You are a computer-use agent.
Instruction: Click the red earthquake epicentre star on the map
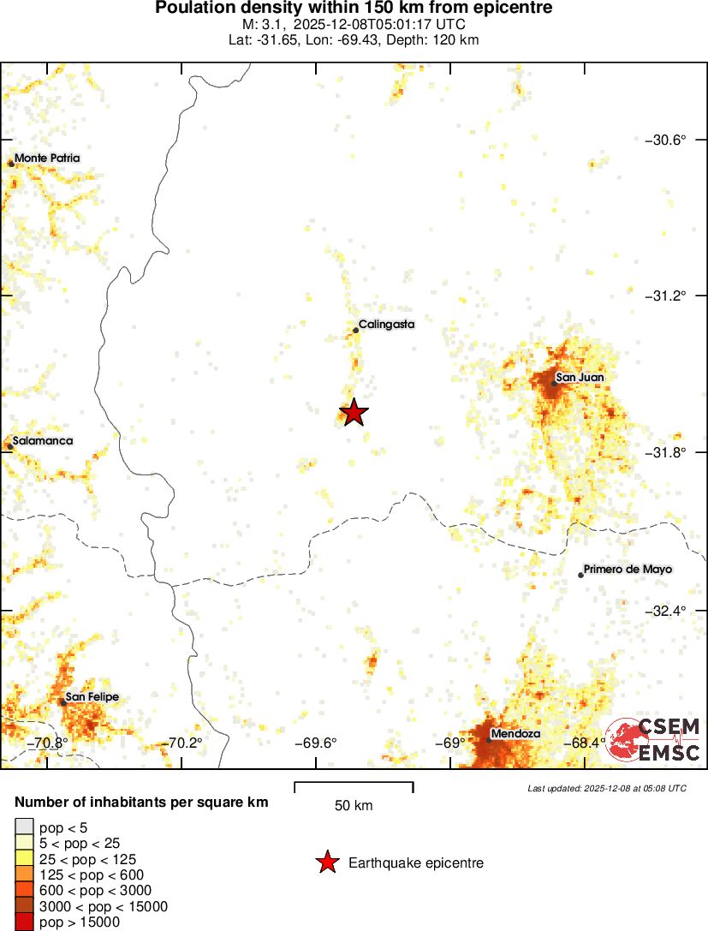pos(354,413)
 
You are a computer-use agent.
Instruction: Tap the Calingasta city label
pos(386,324)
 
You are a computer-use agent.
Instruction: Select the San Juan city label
pos(580,377)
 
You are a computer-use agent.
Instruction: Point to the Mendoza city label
pos(515,734)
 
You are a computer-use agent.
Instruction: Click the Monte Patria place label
pos(47,158)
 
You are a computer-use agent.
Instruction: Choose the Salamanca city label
pos(43,441)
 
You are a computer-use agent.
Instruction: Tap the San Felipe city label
pos(92,697)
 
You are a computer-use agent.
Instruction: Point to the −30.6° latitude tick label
pos(665,140)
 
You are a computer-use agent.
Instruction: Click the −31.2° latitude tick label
pos(665,295)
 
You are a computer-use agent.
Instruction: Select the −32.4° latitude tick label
pos(665,611)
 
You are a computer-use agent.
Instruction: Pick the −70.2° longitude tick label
pos(185,743)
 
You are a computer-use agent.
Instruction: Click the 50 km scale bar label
pos(354,805)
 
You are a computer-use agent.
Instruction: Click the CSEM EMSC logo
pos(654,740)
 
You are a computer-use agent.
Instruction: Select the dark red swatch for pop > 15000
pos(25,922)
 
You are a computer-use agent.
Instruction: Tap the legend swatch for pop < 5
pos(25,827)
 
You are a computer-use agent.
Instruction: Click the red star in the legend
pos(327,863)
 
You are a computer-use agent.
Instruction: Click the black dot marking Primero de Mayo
pos(580,575)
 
